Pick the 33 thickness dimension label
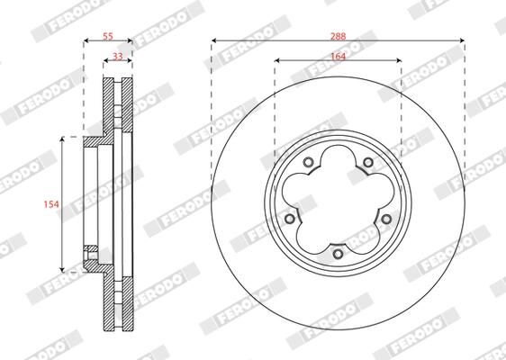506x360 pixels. tap(118, 55)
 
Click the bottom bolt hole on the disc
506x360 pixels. tap(338, 254)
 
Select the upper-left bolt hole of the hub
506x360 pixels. tap(308, 163)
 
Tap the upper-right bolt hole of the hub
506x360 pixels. tap(367, 163)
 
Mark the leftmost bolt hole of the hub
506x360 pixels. tap(289, 219)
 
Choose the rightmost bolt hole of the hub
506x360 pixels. tap(386, 219)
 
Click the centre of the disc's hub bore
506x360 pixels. tap(338, 203)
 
